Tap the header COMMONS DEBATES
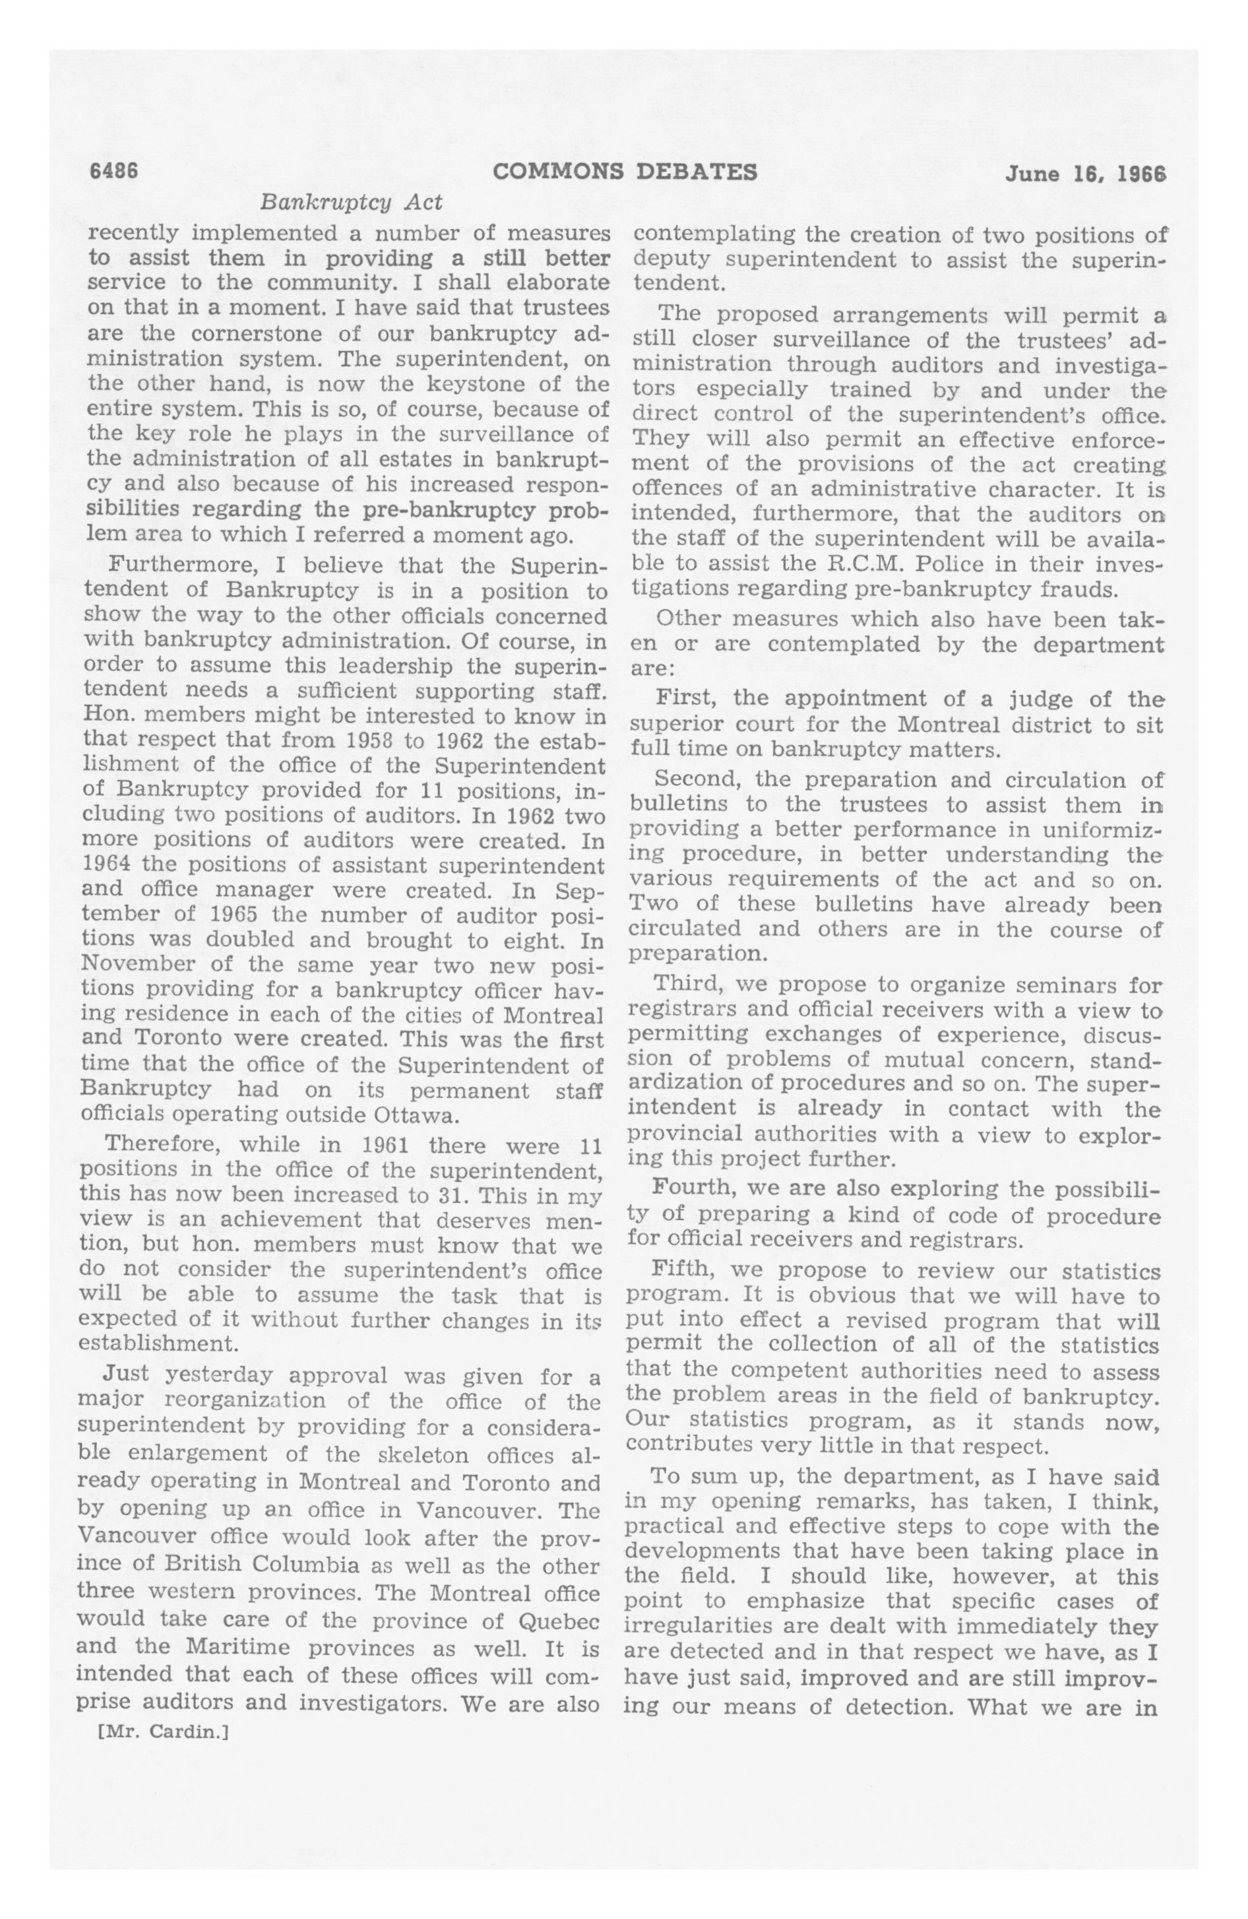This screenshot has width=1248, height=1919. pyautogui.click(x=624, y=172)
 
